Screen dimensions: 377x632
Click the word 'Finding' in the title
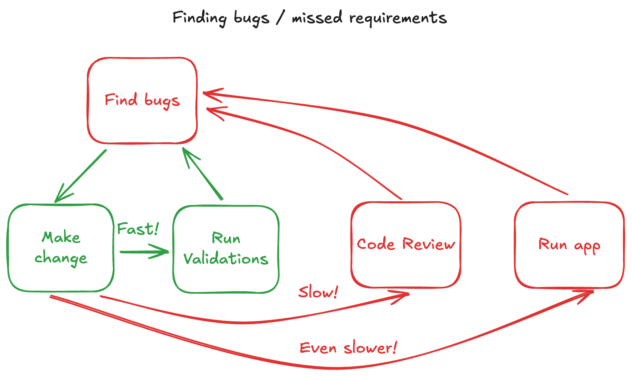point(199,18)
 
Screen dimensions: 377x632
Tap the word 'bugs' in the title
point(251,18)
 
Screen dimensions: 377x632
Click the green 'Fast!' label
point(138,229)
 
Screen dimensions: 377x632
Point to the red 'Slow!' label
point(318,292)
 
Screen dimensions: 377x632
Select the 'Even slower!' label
point(348,348)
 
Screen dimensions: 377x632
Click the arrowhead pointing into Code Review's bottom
point(403,296)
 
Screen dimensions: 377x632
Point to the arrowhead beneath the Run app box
point(586,294)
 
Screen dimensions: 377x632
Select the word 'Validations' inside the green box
point(226,259)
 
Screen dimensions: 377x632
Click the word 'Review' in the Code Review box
point(429,244)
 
